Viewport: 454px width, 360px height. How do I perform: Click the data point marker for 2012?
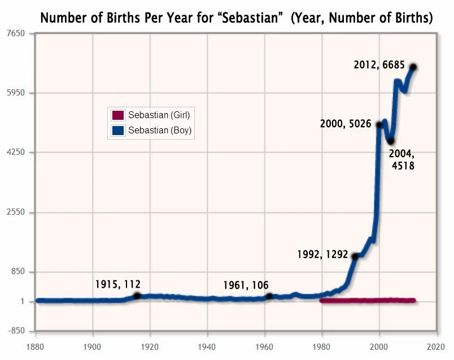click(x=413, y=67)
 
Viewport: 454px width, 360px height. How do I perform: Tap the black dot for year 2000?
click(x=379, y=124)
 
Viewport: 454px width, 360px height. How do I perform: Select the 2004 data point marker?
click(x=390, y=141)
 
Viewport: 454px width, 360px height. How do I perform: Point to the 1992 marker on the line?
click(x=355, y=256)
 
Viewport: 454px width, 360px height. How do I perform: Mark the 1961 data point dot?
click(x=269, y=296)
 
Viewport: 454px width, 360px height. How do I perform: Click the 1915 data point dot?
click(x=137, y=296)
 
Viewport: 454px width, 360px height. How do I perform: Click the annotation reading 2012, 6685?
click(x=379, y=65)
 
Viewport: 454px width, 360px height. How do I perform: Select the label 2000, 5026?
click(x=345, y=124)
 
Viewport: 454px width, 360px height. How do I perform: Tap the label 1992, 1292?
click(x=322, y=254)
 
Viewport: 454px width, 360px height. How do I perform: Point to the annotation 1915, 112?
click(x=117, y=284)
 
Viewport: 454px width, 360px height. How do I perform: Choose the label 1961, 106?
click(x=246, y=285)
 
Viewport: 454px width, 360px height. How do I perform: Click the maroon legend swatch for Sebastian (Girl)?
click(x=118, y=115)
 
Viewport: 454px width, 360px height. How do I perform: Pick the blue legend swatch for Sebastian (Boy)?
click(x=118, y=131)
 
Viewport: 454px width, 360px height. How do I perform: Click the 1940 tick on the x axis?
click(x=208, y=346)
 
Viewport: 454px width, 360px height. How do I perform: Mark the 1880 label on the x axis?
click(x=36, y=346)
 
